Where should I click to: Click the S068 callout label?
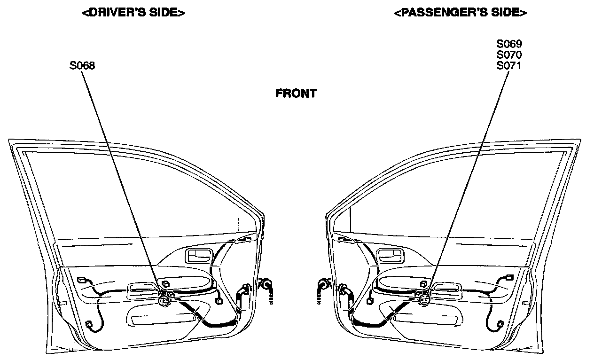click(82, 66)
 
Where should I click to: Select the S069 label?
click(509, 44)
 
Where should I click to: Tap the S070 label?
click(509, 55)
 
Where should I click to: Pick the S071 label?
click(509, 65)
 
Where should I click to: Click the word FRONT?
click(296, 94)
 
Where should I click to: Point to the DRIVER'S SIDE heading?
click(133, 13)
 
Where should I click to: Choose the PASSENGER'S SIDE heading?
click(460, 13)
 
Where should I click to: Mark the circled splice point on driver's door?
click(164, 299)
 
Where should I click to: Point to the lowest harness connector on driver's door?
click(90, 324)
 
